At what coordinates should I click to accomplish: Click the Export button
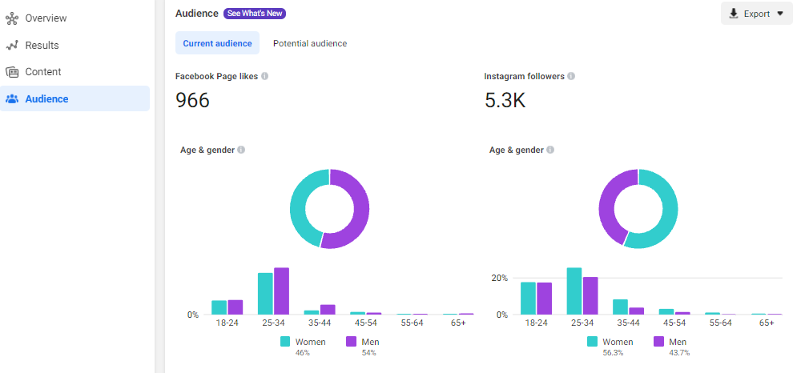(757, 14)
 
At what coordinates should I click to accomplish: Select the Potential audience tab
(309, 43)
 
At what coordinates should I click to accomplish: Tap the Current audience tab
(217, 43)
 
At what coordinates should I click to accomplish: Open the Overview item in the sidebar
(46, 18)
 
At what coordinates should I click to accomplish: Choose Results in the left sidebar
(42, 46)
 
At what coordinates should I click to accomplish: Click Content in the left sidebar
(43, 72)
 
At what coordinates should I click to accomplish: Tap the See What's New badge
(255, 14)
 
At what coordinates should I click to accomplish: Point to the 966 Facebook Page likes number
(192, 101)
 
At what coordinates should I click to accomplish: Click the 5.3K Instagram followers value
(505, 101)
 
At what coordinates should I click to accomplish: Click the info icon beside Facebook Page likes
(264, 76)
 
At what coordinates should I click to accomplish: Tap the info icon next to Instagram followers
(571, 76)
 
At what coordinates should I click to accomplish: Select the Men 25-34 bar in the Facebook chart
(281, 291)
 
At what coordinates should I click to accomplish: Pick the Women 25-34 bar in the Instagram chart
(574, 291)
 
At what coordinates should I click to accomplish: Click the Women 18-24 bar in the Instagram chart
(528, 299)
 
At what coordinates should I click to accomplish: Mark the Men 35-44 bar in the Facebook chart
(328, 310)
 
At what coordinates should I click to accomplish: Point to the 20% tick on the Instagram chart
(500, 278)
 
